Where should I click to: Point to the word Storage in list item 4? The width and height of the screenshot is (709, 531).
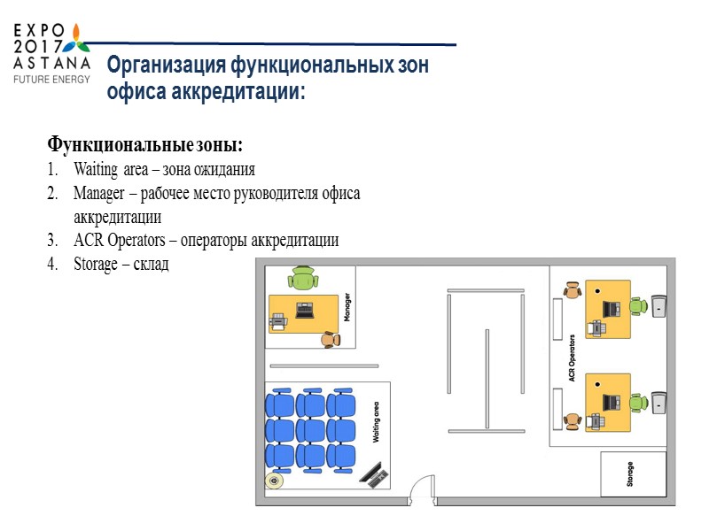pyautogui.click(x=95, y=264)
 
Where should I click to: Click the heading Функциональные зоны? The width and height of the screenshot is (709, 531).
pyautogui.click(x=144, y=144)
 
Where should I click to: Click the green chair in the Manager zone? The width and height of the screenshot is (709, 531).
pyautogui.click(x=303, y=278)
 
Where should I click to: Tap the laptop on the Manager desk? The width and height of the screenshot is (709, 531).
pyautogui.click(x=305, y=311)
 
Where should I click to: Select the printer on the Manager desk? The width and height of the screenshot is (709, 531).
pyautogui.click(x=278, y=322)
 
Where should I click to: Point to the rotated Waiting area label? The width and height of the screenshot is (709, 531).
pyautogui.click(x=376, y=422)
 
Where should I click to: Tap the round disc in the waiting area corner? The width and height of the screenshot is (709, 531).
pyautogui.click(x=274, y=482)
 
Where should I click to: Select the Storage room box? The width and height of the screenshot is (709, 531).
pyautogui.click(x=631, y=476)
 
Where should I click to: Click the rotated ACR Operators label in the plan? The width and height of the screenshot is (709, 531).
pyautogui.click(x=573, y=358)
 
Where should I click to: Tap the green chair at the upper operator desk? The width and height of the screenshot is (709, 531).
pyautogui.click(x=637, y=306)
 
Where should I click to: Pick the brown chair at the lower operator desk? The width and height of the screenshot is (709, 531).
pyautogui.click(x=573, y=420)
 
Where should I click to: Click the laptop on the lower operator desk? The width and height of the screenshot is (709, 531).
pyautogui.click(x=611, y=402)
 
